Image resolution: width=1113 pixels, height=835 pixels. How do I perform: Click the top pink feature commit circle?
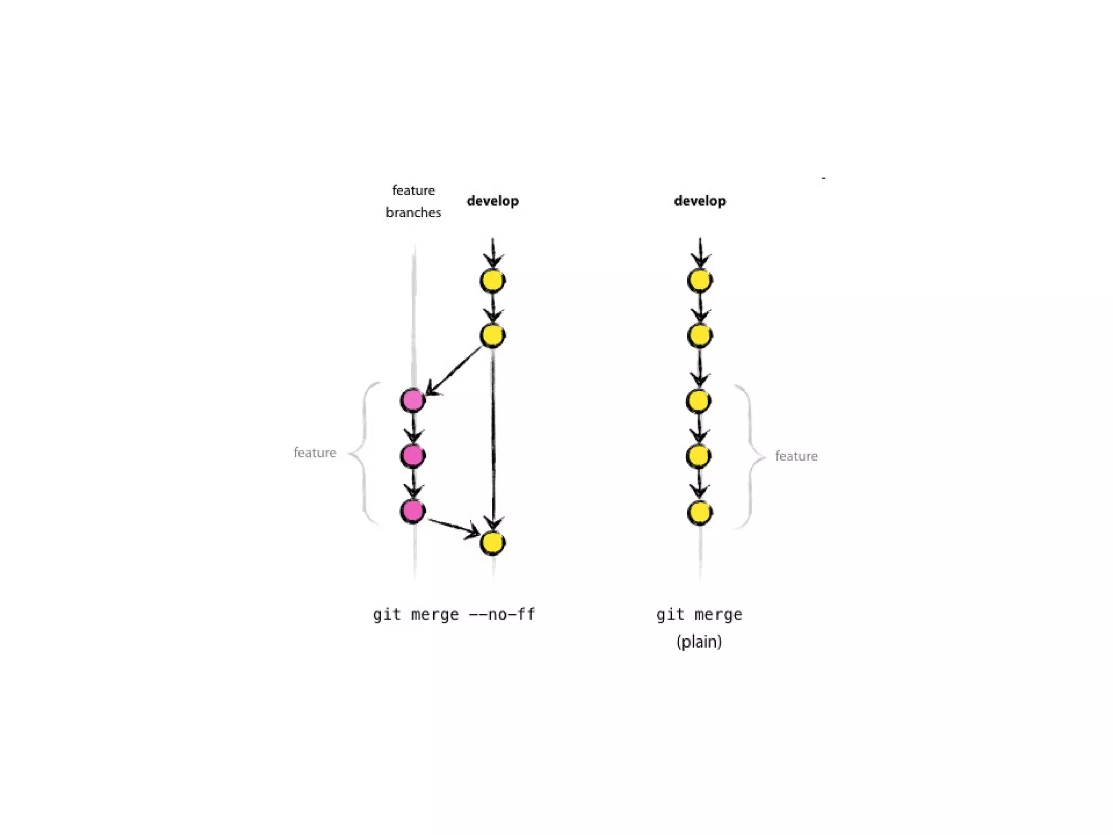tap(412, 401)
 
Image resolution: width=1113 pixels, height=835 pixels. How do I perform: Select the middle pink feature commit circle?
tap(412, 456)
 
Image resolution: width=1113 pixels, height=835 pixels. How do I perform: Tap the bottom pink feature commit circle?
tap(412, 511)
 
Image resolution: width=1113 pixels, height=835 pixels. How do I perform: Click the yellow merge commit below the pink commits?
tap(493, 543)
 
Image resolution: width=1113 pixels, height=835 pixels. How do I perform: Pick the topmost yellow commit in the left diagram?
tap(493, 281)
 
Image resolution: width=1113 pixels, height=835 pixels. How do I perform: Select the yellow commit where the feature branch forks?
tap(493, 335)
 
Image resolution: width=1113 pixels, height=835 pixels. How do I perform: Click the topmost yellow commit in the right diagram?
tap(699, 281)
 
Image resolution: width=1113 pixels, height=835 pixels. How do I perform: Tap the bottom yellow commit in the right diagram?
tap(699, 513)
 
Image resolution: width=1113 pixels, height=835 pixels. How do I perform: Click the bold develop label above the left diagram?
tap(493, 201)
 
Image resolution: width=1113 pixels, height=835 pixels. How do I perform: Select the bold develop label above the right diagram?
tap(699, 201)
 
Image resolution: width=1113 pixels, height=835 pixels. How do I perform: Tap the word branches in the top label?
tap(413, 213)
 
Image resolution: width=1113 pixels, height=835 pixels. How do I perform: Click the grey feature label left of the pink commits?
tap(315, 453)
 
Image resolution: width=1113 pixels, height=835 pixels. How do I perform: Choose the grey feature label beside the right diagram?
tap(796, 456)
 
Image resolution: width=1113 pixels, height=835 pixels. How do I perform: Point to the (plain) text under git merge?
tap(699, 642)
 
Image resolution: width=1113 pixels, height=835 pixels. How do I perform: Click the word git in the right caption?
tap(670, 614)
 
